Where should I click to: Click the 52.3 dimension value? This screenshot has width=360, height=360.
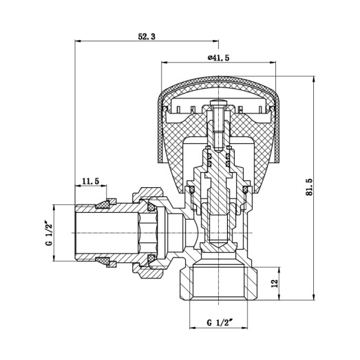146,36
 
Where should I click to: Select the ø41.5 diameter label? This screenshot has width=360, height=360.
218,57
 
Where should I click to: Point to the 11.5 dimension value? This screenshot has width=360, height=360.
90,181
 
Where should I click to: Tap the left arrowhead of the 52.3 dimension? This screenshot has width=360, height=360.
76,42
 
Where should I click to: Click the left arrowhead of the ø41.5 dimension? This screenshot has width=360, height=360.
164,63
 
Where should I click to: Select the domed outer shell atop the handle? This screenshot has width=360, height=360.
218,87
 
